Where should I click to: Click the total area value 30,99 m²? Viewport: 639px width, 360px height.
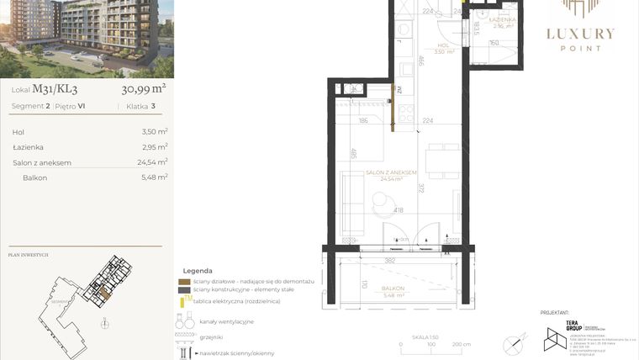click(144, 87)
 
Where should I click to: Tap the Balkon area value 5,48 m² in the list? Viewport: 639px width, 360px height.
click(155, 177)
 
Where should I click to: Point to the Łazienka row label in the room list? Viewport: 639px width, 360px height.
click(29, 147)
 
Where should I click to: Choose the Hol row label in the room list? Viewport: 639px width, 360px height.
click(18, 132)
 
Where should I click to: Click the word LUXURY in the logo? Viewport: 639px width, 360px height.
click(581, 34)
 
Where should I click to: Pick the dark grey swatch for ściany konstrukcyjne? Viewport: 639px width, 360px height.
click(184, 290)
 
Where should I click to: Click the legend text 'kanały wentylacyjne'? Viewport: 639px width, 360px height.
click(226, 322)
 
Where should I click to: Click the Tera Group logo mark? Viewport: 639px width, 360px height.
click(556, 337)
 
